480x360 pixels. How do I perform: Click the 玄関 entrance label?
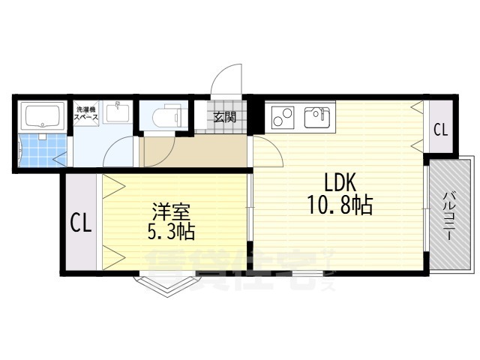pos(224,117)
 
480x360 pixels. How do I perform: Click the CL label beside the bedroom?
pos(81,223)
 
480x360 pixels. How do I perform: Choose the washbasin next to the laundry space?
pos(118,115)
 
